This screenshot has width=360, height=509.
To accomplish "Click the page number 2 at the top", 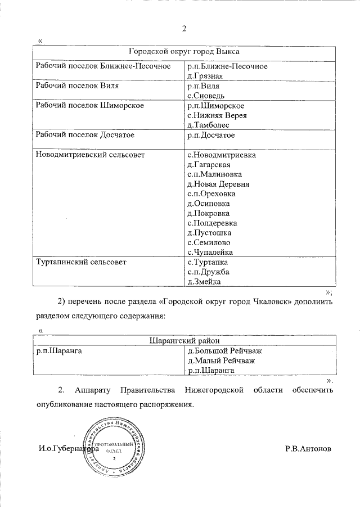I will pos(184,29).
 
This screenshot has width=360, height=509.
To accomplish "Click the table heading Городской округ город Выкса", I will pos(184,51).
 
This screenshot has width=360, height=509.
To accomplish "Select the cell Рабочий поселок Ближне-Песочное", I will pos(103,66).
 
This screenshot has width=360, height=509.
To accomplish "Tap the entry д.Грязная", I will pos(205,76).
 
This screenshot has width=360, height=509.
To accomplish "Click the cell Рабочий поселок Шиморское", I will pos(89,105).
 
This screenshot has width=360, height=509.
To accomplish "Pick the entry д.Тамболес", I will pos(209,125).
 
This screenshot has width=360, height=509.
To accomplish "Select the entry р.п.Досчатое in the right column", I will pos(211,135).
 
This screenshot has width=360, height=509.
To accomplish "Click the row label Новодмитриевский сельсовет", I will pos(90,154).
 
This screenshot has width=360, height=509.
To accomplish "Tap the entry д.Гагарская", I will pos(209,164).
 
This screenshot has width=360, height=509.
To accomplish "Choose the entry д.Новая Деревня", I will pos(218,184).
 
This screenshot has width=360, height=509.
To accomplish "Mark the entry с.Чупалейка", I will pos(210,252).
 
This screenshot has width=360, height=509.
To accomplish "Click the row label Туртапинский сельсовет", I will pos(81,262).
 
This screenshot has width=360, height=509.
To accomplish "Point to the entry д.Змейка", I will pos(204,282).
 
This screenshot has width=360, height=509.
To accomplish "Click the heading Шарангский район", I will pos(184,341).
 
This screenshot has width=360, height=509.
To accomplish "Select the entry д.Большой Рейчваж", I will pos(224,351).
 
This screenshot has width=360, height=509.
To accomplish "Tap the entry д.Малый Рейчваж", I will pos(221,361).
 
